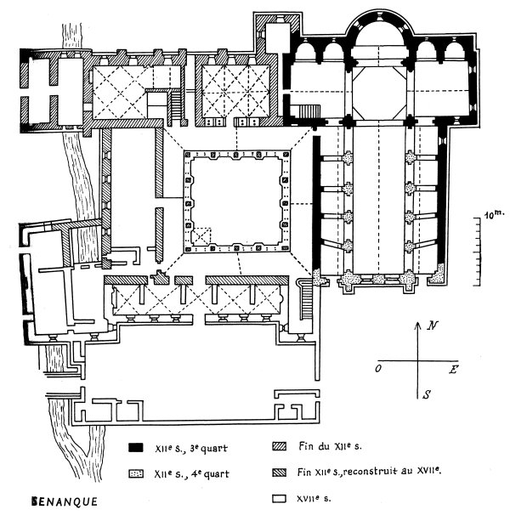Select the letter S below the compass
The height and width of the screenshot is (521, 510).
coord(422,395)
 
